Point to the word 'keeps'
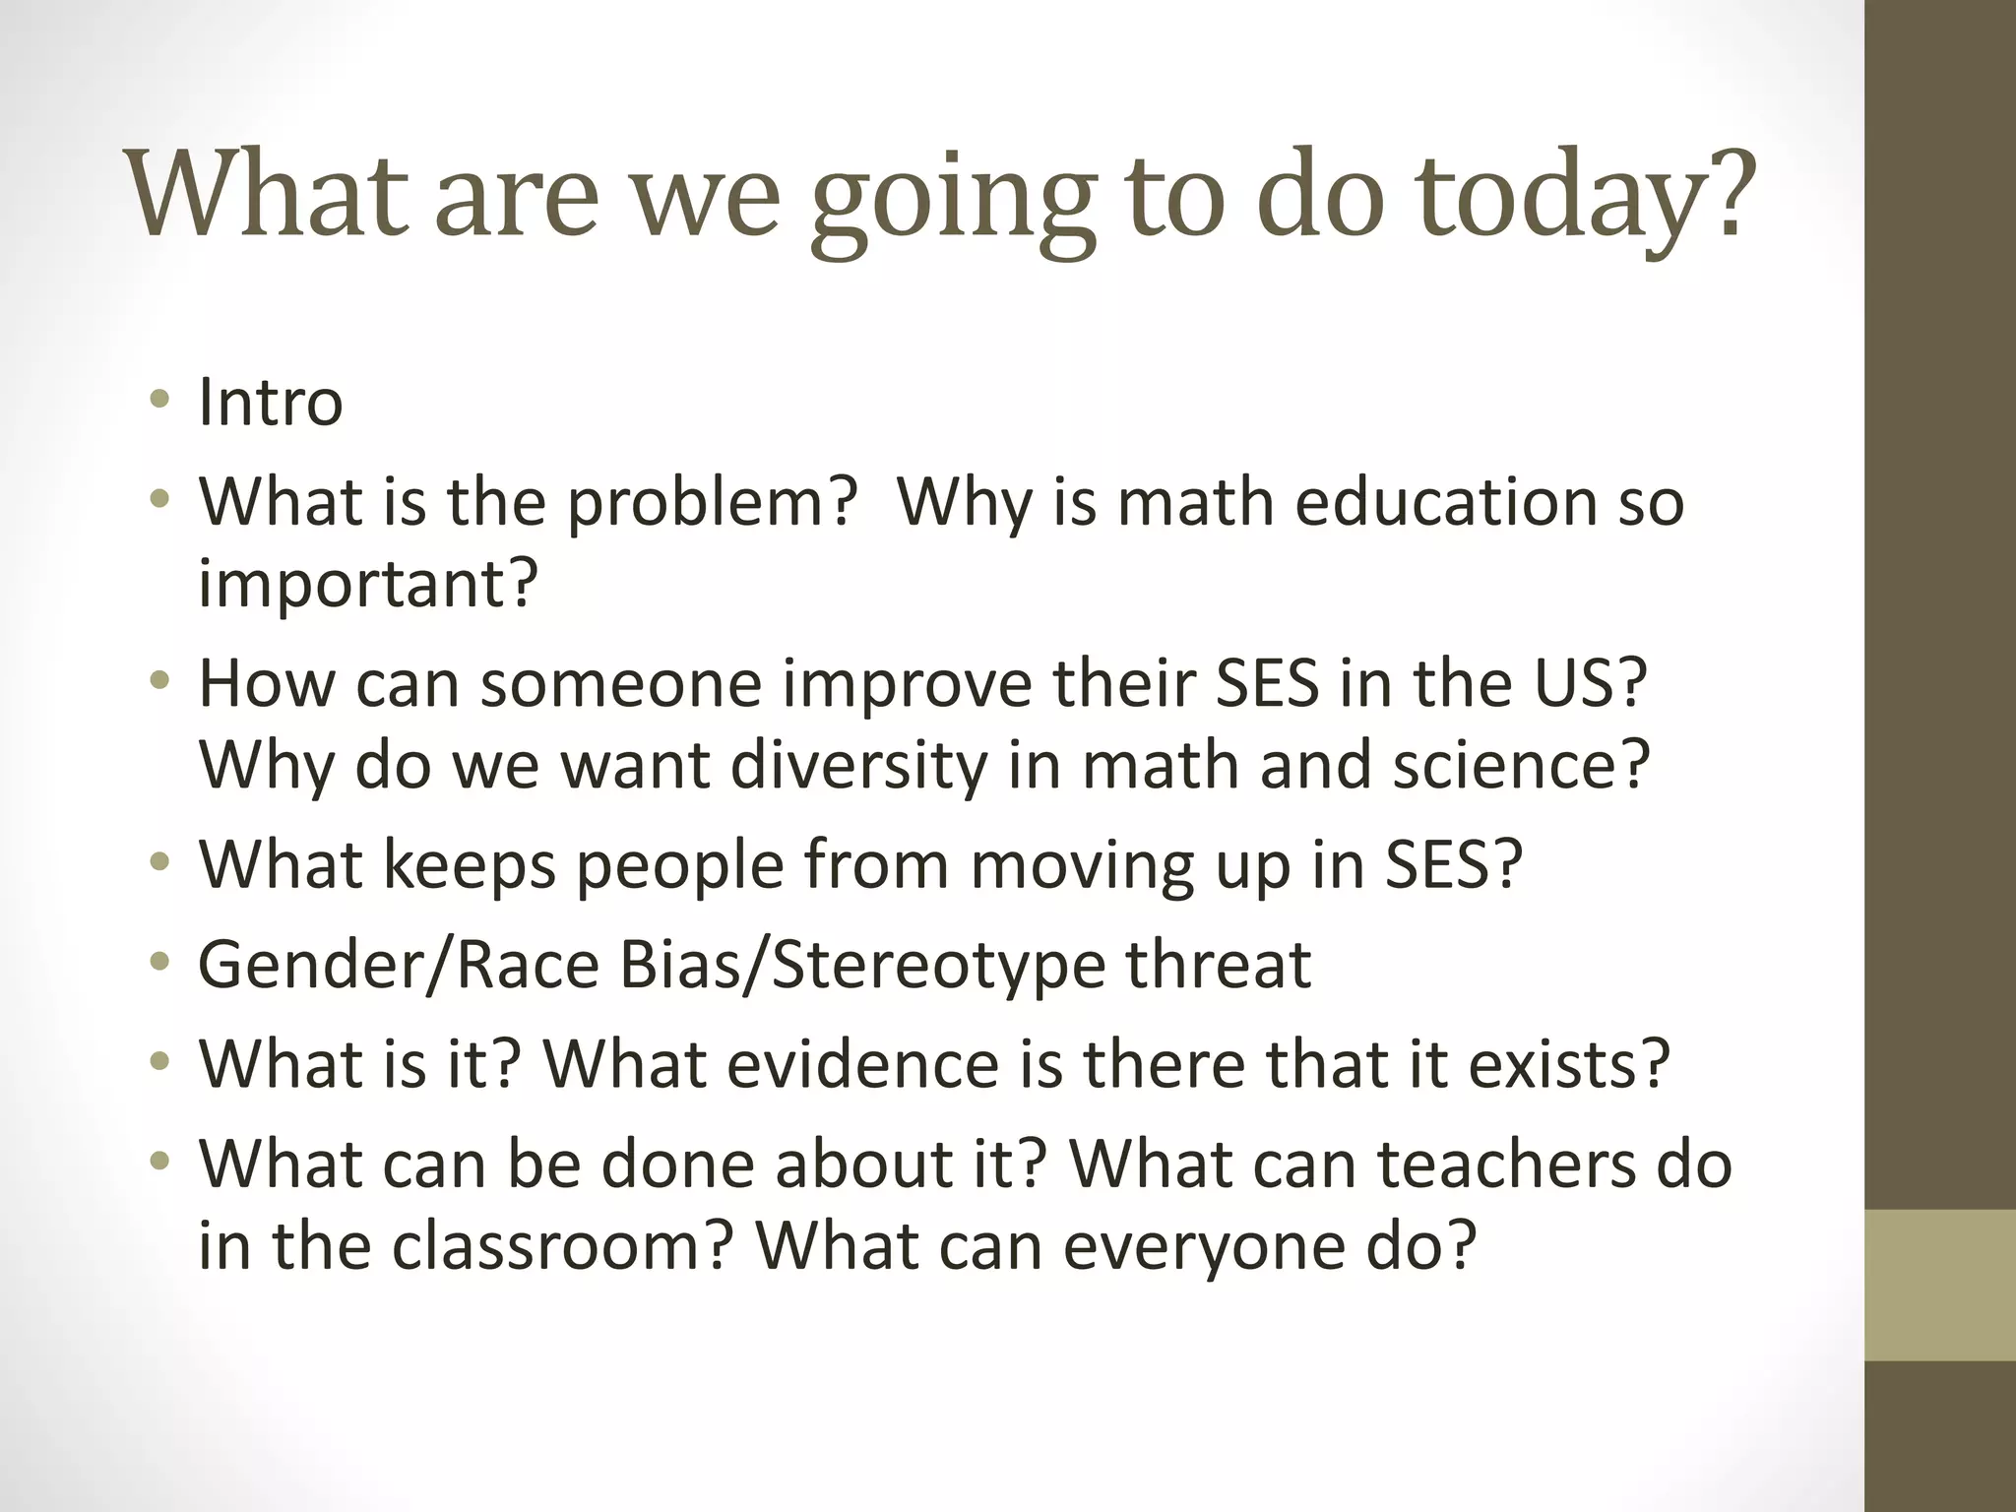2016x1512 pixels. tap(468, 865)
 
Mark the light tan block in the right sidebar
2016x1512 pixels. tap(1939, 1285)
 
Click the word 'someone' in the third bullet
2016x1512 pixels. tap(620, 683)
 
